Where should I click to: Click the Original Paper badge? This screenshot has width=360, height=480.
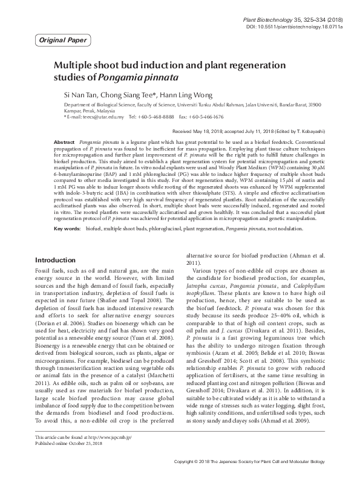(x=62, y=41)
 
